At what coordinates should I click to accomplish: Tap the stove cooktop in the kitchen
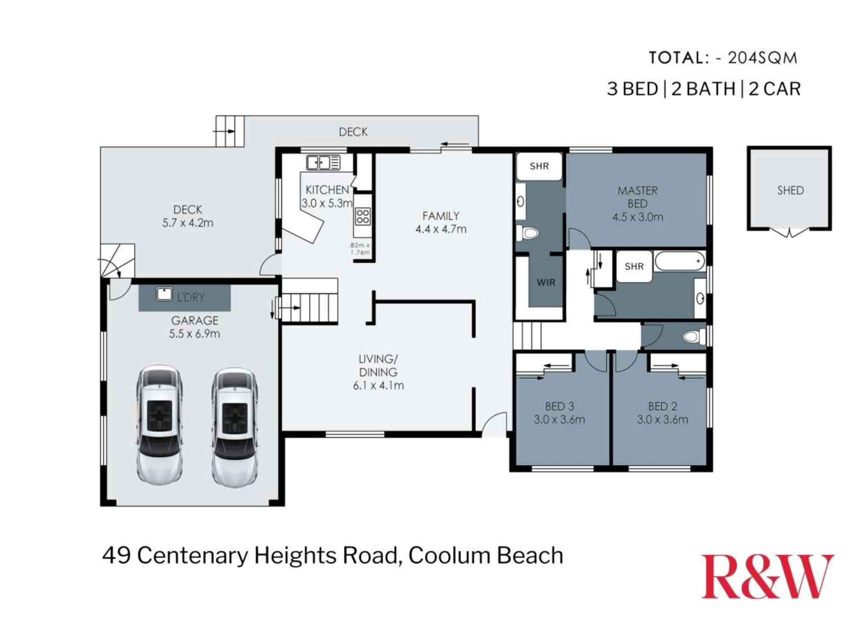click(x=363, y=216)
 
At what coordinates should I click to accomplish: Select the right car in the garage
click(x=234, y=427)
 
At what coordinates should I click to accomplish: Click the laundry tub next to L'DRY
click(x=164, y=294)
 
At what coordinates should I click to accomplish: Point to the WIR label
click(x=546, y=282)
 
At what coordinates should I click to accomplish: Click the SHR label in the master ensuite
click(x=539, y=166)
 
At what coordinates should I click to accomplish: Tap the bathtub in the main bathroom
click(x=679, y=261)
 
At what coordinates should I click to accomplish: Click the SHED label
click(x=790, y=190)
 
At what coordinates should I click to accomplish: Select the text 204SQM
click(x=763, y=58)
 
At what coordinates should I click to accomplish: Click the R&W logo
click(x=767, y=577)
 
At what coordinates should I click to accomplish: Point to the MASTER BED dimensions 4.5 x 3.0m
click(x=638, y=217)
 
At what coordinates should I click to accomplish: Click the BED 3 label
click(x=559, y=406)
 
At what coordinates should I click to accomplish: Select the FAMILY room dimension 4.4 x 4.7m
click(x=441, y=229)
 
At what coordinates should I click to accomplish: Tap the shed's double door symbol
click(x=790, y=233)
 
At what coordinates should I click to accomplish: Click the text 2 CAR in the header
click(x=775, y=89)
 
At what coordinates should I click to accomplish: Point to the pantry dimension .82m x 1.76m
click(x=360, y=249)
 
